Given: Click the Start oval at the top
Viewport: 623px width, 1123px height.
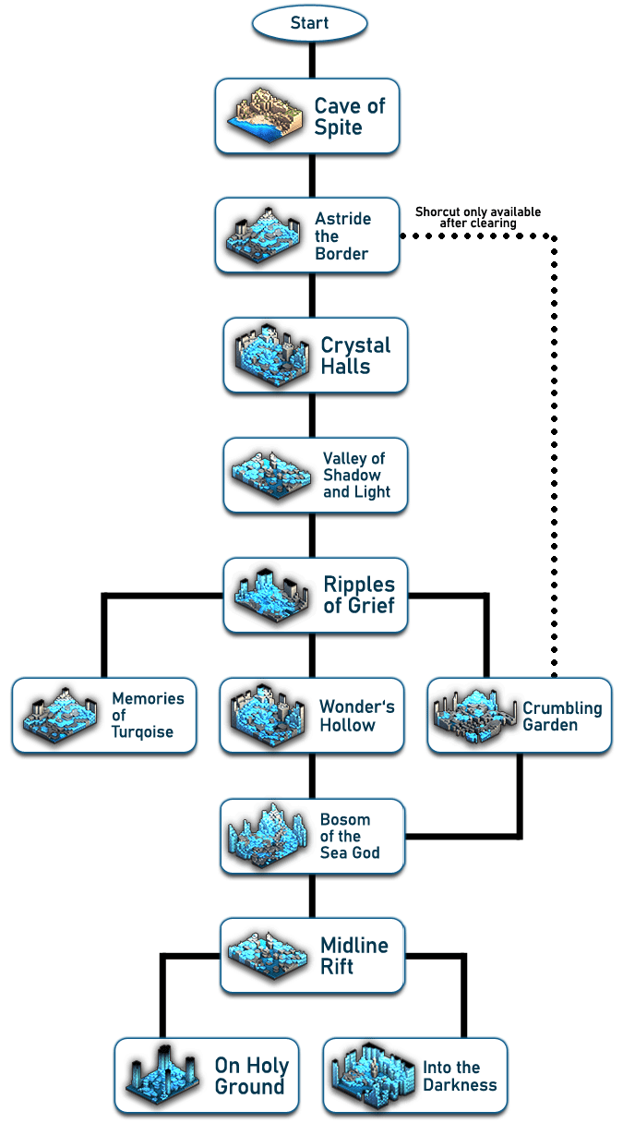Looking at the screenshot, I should tap(309, 23).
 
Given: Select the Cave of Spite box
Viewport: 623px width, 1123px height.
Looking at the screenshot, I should tap(307, 115).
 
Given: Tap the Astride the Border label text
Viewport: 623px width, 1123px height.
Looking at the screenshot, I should tap(342, 236).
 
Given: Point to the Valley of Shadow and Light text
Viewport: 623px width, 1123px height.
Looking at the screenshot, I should tap(356, 475).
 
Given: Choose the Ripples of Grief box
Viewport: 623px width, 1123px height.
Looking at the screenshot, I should tap(315, 595).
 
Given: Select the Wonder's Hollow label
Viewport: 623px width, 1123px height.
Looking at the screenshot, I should tap(356, 716).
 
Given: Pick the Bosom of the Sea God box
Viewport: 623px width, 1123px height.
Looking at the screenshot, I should tap(312, 836).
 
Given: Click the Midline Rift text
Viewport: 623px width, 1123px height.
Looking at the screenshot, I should tap(353, 956).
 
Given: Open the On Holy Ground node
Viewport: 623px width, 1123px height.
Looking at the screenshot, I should tap(207, 1075).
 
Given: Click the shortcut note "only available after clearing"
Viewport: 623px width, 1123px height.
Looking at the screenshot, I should tap(477, 218).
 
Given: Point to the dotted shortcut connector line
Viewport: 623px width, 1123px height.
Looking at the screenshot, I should tap(555, 443).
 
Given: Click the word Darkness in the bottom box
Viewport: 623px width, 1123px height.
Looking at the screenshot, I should tap(460, 1085).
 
